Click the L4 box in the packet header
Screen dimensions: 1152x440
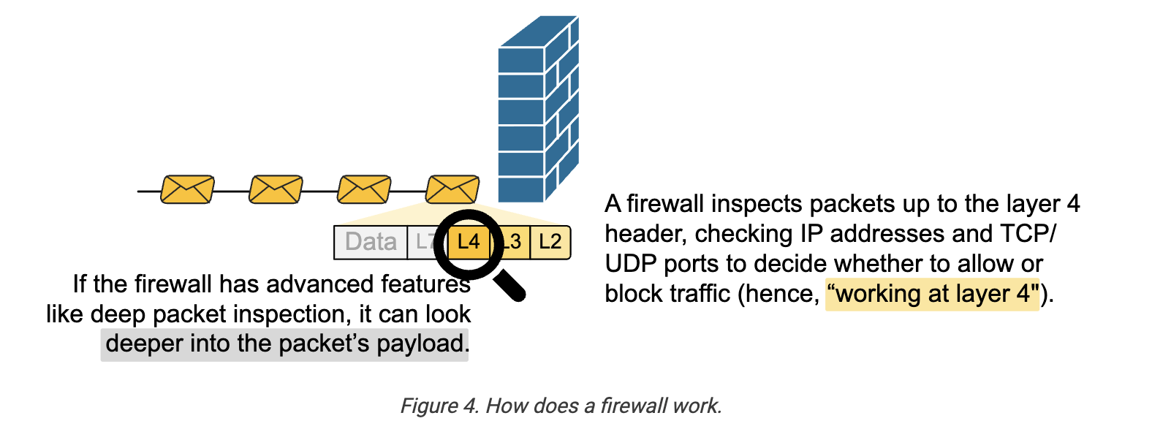click(469, 242)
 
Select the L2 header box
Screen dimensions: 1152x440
click(550, 242)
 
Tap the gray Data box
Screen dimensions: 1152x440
click(371, 242)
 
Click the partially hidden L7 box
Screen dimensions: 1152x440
click(422, 242)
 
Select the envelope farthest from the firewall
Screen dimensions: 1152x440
click(187, 189)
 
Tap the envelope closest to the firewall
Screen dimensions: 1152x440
click(452, 189)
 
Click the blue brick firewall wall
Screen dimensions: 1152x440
click(539, 109)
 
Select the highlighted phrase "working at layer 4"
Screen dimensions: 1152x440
click(933, 294)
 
